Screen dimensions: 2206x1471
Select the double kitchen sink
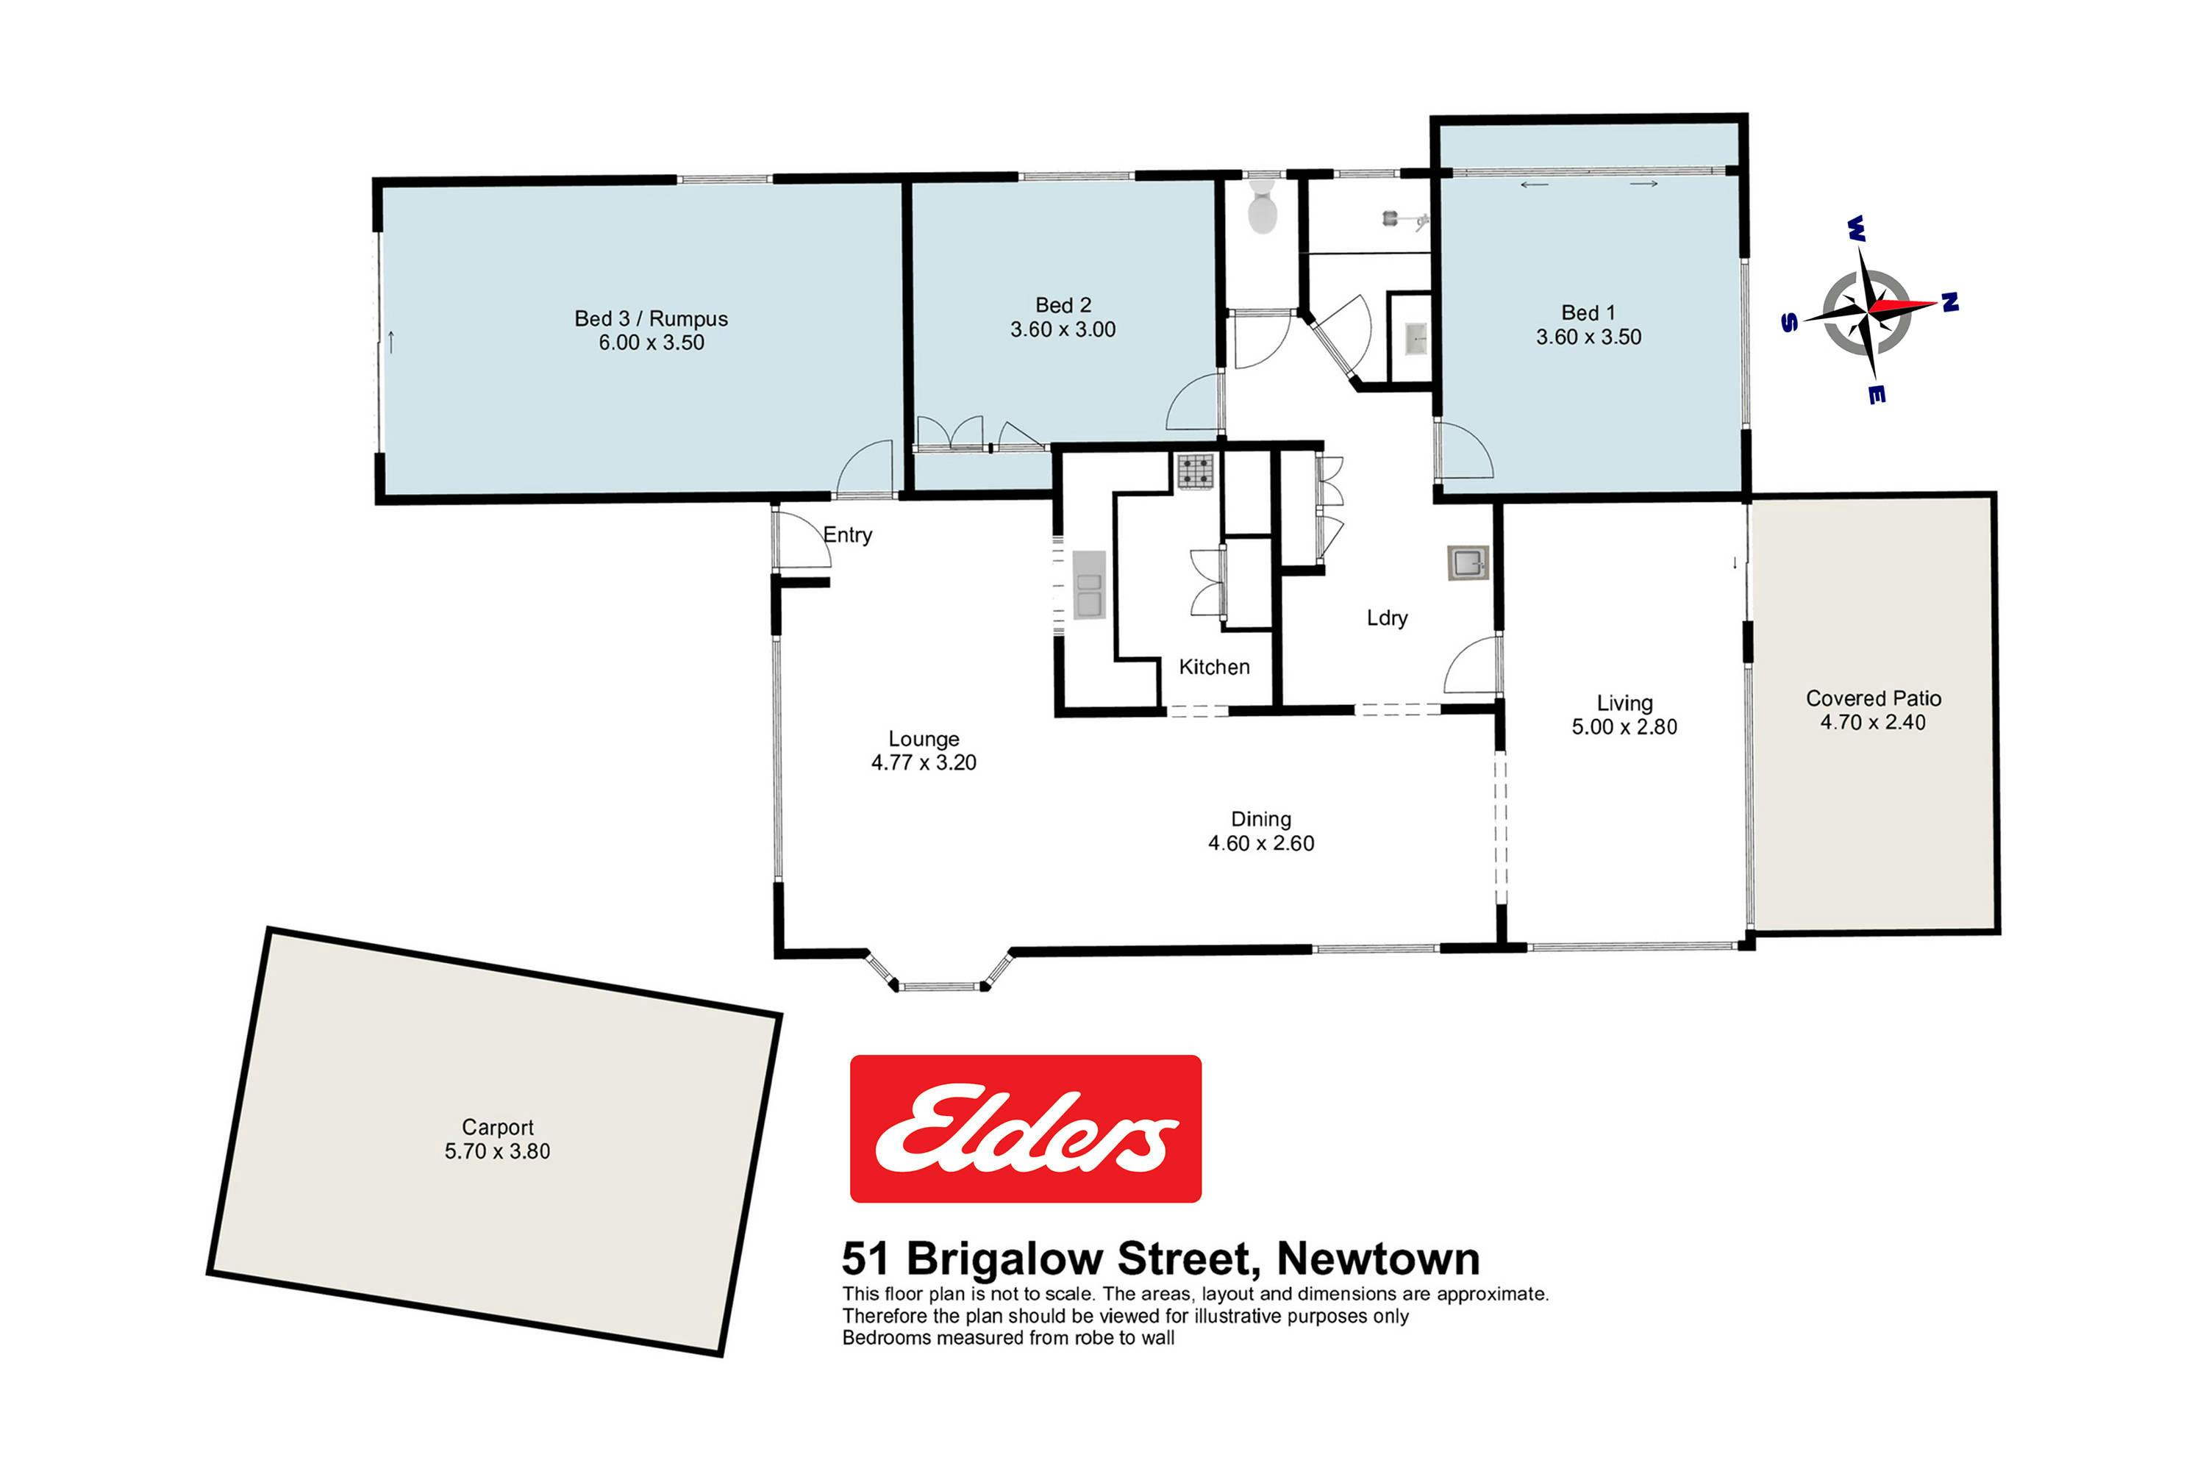point(1088,584)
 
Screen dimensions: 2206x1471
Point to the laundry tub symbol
point(1468,563)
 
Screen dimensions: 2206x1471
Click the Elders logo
point(1026,1128)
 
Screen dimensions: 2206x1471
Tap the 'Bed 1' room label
point(1588,312)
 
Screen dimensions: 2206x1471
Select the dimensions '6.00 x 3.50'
point(652,343)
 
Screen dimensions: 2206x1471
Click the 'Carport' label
point(497,1128)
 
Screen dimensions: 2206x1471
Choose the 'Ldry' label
point(1387,618)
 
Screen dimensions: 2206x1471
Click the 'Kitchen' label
point(1214,667)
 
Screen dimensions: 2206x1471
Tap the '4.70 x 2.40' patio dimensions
point(1873,723)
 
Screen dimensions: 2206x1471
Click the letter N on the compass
point(1950,301)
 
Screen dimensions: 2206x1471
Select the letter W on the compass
point(1855,228)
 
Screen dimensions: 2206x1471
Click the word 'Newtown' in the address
point(1379,1259)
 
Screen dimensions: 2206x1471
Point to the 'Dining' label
point(1261,819)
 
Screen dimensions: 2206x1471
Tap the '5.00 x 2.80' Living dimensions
point(1624,726)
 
